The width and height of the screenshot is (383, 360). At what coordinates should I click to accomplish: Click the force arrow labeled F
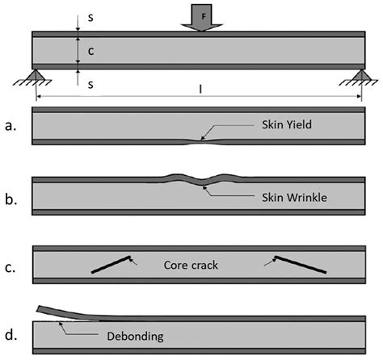pos(202,18)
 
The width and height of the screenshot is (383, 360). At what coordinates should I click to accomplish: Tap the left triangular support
pos(36,76)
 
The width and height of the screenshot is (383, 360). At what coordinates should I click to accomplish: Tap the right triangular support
pos(361,76)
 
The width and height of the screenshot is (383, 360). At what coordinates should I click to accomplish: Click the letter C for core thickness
pos(91,51)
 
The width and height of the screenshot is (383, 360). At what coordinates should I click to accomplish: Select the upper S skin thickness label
pos(90,18)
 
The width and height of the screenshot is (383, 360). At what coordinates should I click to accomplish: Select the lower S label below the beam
pos(90,85)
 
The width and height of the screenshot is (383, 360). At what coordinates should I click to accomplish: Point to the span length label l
pos(200,89)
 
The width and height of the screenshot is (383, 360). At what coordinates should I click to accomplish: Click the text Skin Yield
pos(287,124)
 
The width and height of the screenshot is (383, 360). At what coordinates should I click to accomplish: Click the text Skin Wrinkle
pos(295,198)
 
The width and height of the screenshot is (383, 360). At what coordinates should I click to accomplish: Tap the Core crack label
pos(191,266)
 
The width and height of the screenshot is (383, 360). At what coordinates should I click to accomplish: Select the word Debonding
pos(135,337)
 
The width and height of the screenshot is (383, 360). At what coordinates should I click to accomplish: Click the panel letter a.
pos(11,126)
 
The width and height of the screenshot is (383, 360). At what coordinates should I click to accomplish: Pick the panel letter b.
pos(11,199)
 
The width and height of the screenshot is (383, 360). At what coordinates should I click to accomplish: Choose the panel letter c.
pos(10,268)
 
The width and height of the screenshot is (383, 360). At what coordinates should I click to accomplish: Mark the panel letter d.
pos(11,335)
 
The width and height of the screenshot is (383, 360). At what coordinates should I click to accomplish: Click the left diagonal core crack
pos(111,265)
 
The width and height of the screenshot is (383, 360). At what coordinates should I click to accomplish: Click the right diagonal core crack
pos(301,265)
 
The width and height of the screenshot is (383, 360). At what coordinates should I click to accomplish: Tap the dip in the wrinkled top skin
pos(203,182)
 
